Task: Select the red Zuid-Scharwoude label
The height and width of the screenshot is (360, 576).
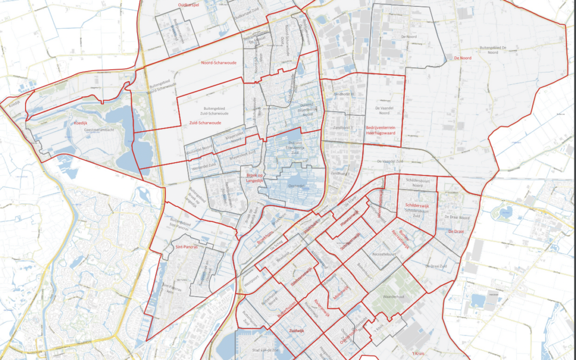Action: coord(205,123)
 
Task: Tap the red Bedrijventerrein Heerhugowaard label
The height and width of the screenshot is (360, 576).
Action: coord(378,130)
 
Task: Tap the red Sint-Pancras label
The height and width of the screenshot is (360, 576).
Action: coord(187,247)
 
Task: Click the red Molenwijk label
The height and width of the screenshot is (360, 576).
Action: coord(337,296)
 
